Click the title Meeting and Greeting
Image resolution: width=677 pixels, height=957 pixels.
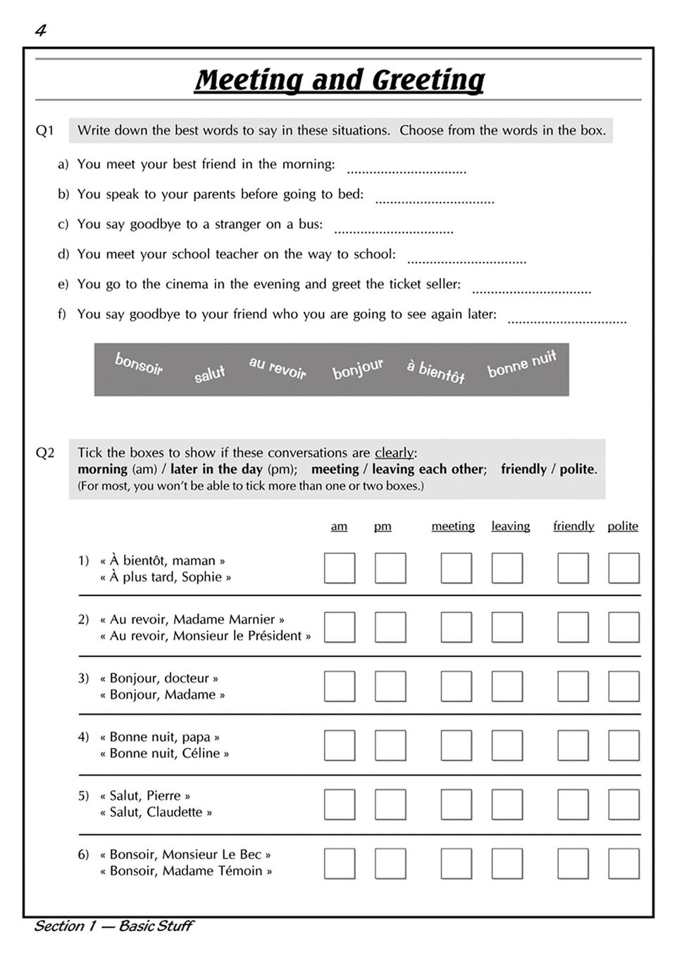(339, 80)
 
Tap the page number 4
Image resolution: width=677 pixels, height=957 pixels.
(40, 30)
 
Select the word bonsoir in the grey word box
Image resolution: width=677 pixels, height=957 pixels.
(139, 364)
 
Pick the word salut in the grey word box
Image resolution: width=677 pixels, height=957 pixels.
(209, 374)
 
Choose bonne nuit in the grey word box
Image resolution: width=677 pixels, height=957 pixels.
(521, 363)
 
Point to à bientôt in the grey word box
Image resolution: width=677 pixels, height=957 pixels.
(435, 371)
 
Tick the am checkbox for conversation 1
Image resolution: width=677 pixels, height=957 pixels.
(340, 569)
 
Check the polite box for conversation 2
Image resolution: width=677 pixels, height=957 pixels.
(623, 628)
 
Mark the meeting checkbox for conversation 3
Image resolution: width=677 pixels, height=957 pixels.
(456, 686)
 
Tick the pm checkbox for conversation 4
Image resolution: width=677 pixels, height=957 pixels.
(390, 745)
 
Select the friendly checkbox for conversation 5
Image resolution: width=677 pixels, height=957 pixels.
(573, 804)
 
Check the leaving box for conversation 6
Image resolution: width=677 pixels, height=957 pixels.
(507, 863)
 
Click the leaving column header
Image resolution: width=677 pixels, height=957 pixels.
(511, 526)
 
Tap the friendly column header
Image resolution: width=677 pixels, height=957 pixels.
(573, 526)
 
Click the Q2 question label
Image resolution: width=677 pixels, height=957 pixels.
(45, 453)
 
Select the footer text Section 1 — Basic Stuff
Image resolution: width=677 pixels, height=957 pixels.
(113, 926)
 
